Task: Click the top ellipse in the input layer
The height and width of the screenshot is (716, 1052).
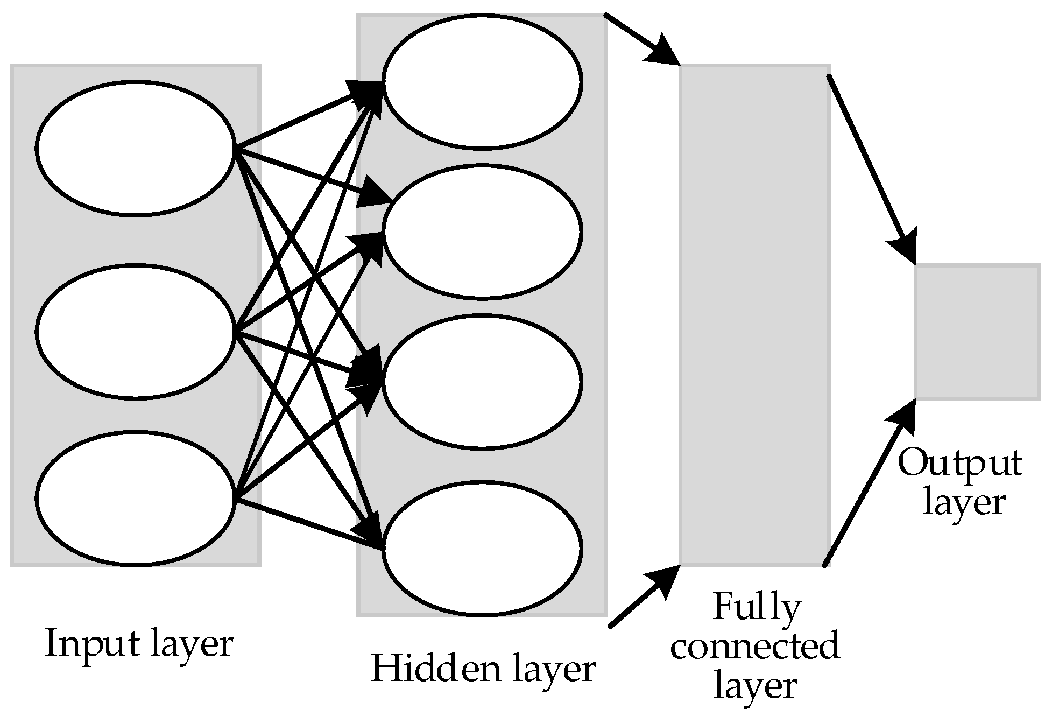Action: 136,149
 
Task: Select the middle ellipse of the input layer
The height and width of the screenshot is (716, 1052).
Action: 136,331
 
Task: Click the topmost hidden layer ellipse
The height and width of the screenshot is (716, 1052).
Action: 482,81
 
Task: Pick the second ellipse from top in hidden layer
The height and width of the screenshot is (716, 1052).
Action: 482,231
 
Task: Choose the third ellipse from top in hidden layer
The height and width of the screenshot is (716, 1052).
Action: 482,381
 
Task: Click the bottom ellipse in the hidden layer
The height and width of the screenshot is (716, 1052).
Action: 482,548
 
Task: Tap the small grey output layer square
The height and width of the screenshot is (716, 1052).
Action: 977,332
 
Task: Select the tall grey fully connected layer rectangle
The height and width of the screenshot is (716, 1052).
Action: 754,315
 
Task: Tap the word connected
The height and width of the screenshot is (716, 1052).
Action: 754,647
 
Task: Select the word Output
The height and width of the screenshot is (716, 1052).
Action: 959,464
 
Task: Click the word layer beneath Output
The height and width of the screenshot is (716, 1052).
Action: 963,503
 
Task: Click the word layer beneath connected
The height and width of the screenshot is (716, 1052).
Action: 754,686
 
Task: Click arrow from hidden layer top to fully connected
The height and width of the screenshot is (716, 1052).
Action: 640,39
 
